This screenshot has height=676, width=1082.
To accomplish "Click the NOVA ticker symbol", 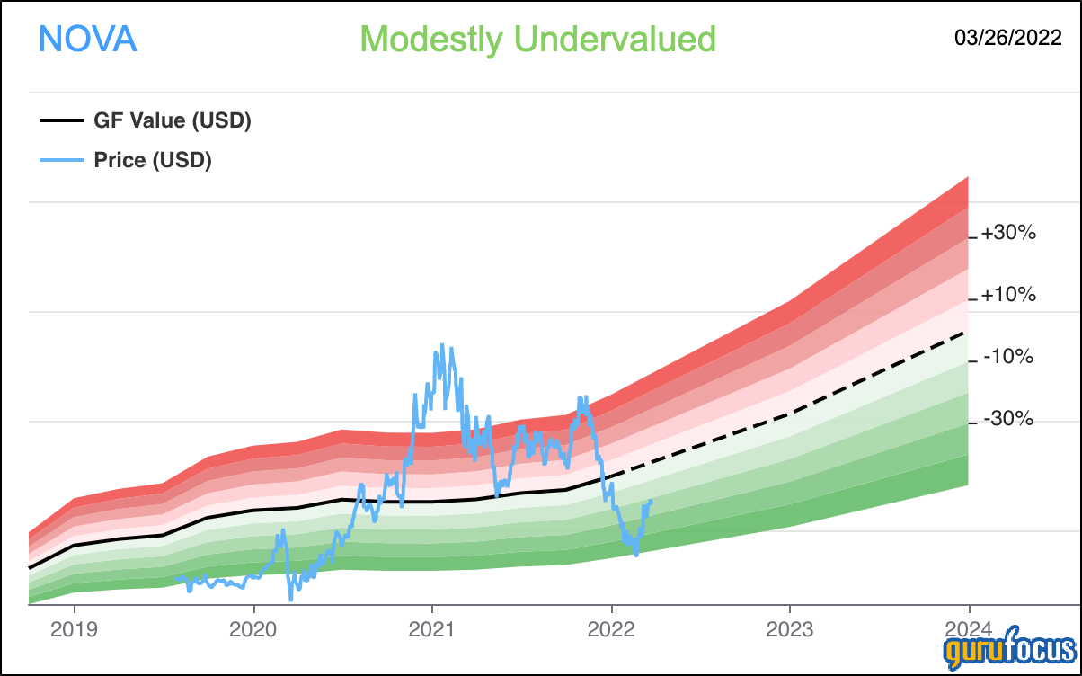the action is tap(87, 39).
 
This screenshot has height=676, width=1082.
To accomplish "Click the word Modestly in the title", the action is tap(431, 40).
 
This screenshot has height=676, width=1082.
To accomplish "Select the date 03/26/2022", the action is tap(1008, 38).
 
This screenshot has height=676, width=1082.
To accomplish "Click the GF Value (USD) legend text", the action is tap(173, 120).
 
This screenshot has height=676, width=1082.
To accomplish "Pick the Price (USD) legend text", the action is tap(153, 160).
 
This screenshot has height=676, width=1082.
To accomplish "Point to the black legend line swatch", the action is tap(62, 120).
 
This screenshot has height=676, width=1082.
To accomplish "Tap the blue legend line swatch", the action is tap(62, 160).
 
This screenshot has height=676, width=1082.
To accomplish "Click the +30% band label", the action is tap(1008, 233).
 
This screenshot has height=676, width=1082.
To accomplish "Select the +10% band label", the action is tap(1008, 294).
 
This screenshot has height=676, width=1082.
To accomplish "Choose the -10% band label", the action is tap(1008, 357).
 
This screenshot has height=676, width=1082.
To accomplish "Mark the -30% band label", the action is tap(1008, 418).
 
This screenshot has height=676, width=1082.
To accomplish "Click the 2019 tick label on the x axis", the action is tap(74, 629).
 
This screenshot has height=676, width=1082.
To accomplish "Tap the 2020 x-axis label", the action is tap(253, 629).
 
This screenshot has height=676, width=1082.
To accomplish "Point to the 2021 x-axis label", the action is tap(432, 629).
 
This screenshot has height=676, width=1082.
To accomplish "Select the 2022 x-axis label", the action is tap(611, 629).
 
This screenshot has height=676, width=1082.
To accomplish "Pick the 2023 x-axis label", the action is tap(790, 629).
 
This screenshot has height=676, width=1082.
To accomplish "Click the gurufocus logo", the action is tap(1010, 648).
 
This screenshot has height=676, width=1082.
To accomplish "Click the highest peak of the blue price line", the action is tap(442, 345).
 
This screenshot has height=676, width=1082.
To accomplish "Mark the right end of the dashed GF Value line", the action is tap(964, 333).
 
